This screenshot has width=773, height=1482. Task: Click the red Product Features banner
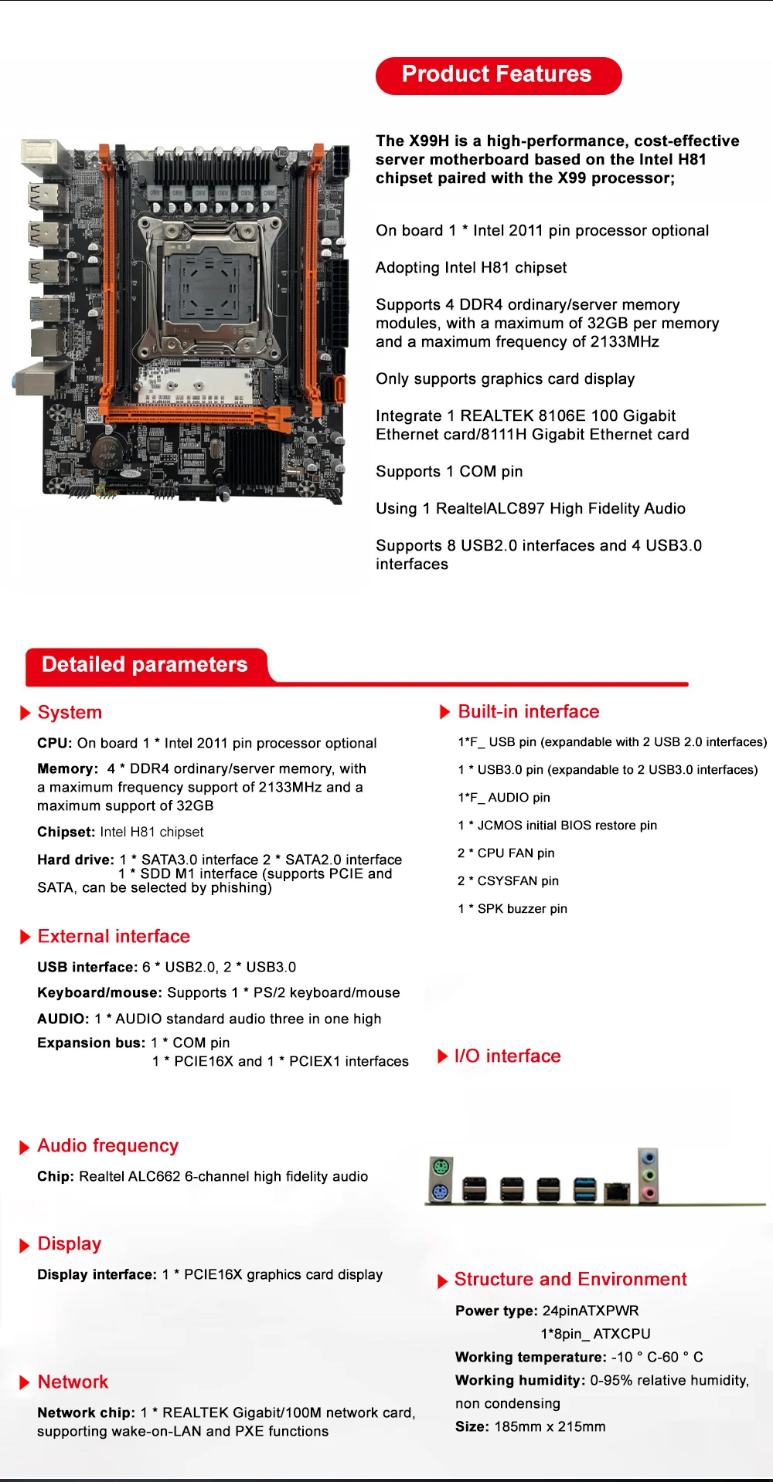[x=499, y=76]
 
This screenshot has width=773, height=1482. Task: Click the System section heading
[x=70, y=712]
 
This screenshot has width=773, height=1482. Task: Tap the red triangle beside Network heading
[x=25, y=1382]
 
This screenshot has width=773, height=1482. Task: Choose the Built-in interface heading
[x=529, y=711]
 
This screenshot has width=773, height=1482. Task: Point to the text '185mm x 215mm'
[x=550, y=1426]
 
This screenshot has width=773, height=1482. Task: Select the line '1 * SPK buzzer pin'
[x=512, y=908]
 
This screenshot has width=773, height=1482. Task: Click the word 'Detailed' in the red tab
[x=83, y=665]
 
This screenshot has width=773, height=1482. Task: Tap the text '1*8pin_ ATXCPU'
[x=595, y=1334]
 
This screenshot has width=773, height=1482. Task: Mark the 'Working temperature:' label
[x=530, y=1357]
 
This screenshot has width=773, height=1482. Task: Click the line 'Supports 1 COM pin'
[x=449, y=471]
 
